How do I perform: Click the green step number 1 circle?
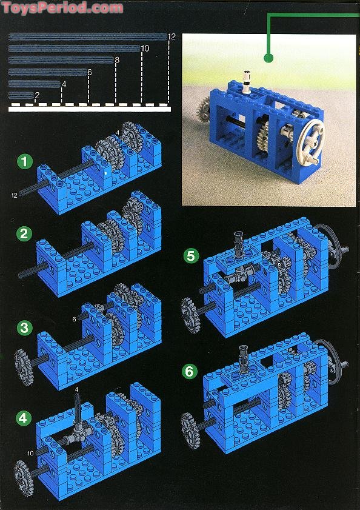(x=25, y=162)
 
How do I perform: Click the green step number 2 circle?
(x=24, y=233)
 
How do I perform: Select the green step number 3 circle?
(x=24, y=327)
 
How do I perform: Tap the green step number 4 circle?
(x=23, y=418)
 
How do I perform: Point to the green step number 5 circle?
(x=191, y=256)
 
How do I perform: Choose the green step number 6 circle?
(x=190, y=371)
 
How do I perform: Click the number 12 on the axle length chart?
(x=172, y=37)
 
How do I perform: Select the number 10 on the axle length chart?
(x=145, y=49)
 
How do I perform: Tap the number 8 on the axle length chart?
(x=117, y=60)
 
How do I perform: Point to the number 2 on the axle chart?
(x=37, y=96)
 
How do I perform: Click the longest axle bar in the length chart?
(x=88, y=37)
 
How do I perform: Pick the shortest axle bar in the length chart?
(x=21, y=95)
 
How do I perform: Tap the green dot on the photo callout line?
(x=268, y=58)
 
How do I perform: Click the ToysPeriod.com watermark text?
(x=62, y=7)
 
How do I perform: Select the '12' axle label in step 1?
(x=15, y=195)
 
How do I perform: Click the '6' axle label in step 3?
(x=74, y=320)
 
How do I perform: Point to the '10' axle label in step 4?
(x=30, y=453)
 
